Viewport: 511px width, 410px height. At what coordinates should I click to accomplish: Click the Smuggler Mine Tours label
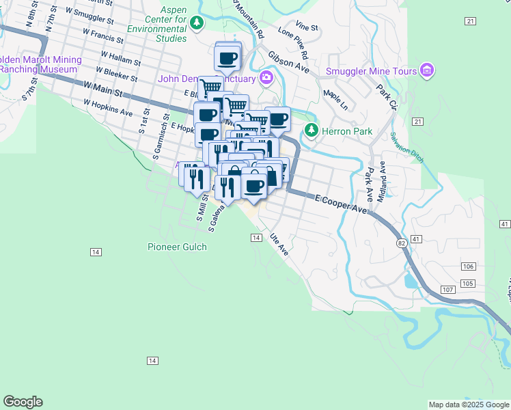372,70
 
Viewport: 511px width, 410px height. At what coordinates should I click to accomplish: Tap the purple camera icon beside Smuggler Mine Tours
427,70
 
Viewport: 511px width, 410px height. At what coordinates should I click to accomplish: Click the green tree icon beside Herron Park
312,129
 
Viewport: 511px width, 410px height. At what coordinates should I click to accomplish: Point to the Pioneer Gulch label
176,246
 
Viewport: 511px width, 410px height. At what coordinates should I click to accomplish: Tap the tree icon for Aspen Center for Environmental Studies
197,24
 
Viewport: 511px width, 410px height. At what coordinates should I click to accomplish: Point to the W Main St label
103,88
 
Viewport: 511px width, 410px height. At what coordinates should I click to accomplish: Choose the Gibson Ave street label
289,62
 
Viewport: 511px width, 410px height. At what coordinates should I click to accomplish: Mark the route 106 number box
468,266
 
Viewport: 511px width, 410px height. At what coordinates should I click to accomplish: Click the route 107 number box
447,290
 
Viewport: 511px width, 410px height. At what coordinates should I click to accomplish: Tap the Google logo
23,402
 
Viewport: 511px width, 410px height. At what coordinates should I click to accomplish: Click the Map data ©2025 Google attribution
469,405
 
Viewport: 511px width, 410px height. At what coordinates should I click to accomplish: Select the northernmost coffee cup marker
228,57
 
